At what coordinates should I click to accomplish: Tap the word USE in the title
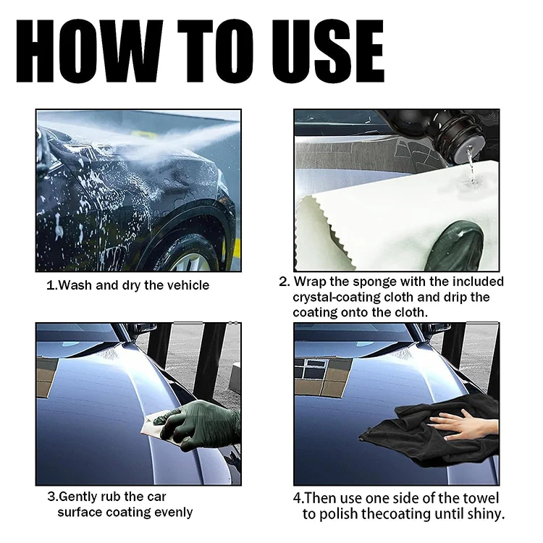coord(328,51)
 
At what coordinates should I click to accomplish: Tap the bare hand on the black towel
coord(453,425)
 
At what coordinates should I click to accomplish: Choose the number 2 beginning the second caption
coord(283,282)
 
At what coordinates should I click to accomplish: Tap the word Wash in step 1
coord(75,285)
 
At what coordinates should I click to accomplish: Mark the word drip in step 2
coord(455,298)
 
